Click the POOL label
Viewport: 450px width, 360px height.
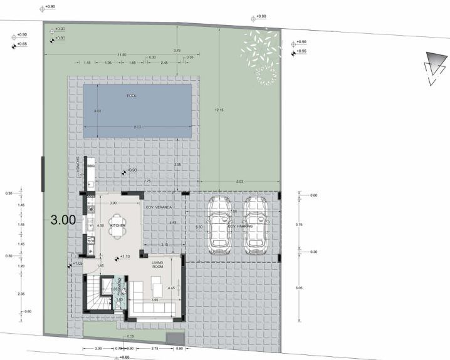[x=132, y=96]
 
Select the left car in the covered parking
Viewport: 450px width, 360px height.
[x=220, y=223]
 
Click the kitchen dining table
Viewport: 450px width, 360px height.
[x=117, y=230]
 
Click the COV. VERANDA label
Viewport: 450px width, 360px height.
[x=159, y=206]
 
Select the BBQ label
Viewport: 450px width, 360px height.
[x=90, y=166]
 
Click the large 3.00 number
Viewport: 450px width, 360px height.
[x=63, y=220]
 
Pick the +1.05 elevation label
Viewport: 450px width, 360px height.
[x=77, y=264]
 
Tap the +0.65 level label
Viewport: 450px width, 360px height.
[x=22, y=44]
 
